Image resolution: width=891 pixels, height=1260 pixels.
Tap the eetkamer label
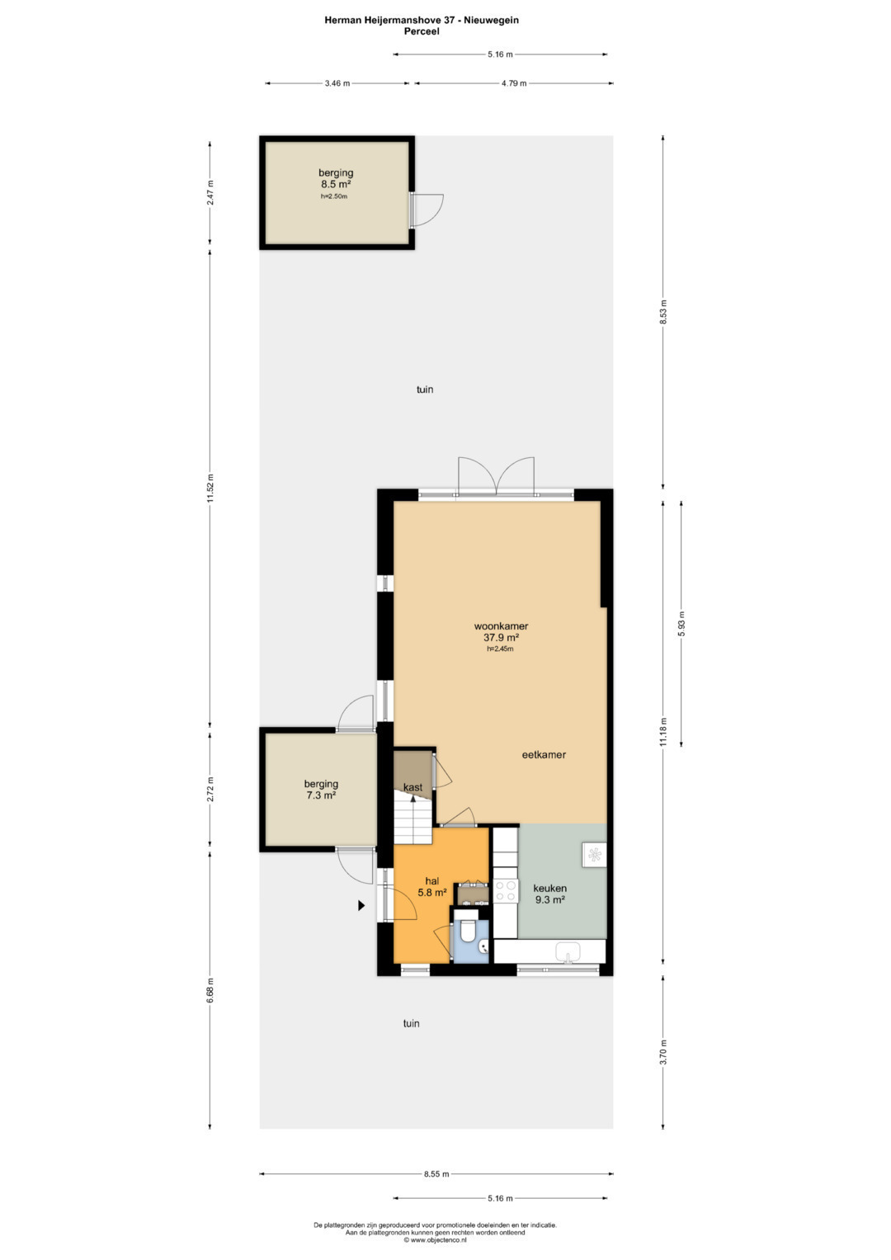544,755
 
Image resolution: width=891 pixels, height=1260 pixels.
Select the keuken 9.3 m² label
549,894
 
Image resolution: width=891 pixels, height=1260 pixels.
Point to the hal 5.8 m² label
432,886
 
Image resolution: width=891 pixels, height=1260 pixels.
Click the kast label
412,787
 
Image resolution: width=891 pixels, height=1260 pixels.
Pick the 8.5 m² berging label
336,178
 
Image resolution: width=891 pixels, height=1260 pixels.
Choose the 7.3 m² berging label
321,789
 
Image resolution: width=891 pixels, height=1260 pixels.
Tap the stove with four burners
505,890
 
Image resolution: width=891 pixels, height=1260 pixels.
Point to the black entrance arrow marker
361,906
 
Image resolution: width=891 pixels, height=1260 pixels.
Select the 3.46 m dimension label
337,83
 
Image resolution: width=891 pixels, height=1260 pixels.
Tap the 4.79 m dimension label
513,83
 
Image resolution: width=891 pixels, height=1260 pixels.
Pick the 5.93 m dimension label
681,623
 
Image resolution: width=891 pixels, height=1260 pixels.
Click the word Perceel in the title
422,31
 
